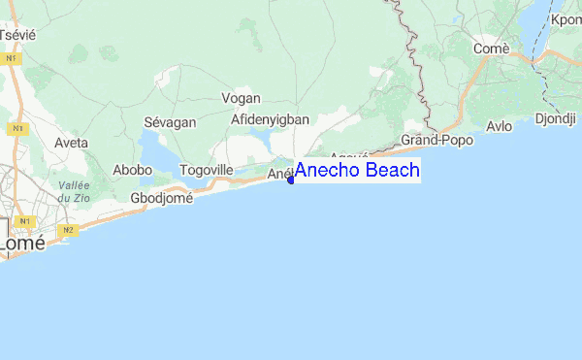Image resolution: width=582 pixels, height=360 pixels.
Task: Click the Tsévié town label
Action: pos(16,34)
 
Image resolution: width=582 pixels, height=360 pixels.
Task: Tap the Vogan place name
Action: pos(242,98)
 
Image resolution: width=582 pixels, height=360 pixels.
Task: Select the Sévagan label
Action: pos(170,122)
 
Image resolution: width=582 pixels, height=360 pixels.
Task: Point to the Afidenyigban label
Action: pos(270,119)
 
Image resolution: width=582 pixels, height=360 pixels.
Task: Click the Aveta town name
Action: pos(71,143)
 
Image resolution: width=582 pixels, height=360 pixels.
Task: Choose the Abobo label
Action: pos(133,170)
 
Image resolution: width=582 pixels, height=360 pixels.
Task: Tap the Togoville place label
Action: pos(207,170)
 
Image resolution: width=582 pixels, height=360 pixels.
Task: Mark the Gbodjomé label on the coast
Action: pos(161,198)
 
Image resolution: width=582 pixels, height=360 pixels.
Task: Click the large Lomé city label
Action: pos(21,245)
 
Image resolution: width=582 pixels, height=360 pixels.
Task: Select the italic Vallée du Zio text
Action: pos(74,191)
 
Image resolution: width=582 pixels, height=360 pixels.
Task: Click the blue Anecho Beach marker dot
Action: pos(291,180)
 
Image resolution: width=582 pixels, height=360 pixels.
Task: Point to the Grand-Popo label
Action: pos(436,140)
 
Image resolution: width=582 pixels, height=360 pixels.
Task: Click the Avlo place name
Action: pos(500,126)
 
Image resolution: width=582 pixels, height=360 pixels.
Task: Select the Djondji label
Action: pos(556,120)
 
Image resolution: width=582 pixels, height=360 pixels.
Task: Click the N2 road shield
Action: pos(68,230)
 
